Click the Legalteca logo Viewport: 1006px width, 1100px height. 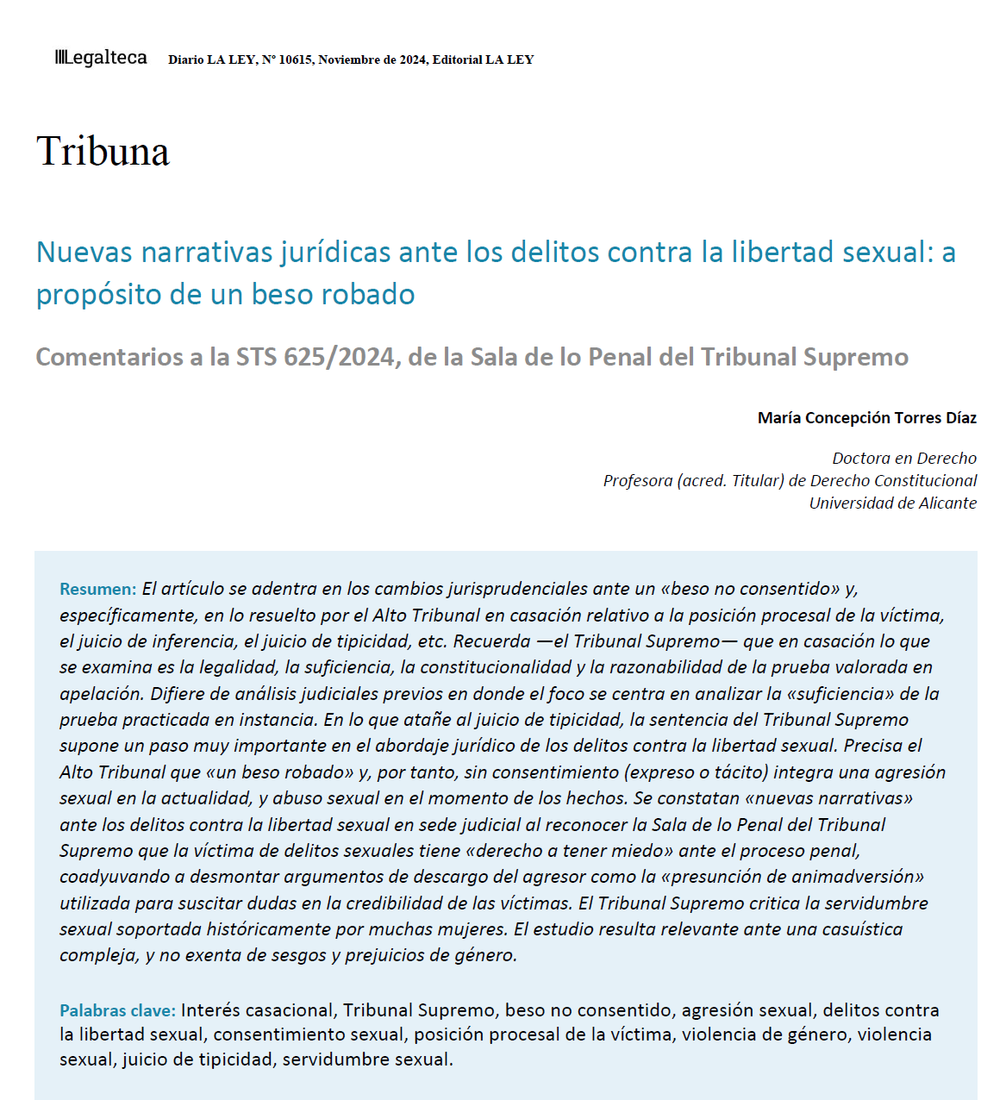pyautogui.click(x=101, y=58)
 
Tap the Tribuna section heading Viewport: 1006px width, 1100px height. pyautogui.click(x=103, y=152)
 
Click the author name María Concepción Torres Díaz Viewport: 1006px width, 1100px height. pyautogui.click(x=866, y=418)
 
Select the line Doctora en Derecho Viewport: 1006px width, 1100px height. pyautogui.click(x=903, y=459)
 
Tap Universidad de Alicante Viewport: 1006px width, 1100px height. pyautogui.click(x=892, y=503)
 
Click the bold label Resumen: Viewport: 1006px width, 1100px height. pyautogui.click(x=97, y=590)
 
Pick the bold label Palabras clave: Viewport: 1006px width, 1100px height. pyautogui.click(x=117, y=1010)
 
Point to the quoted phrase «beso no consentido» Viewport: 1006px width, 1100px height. pyautogui.click(x=750, y=589)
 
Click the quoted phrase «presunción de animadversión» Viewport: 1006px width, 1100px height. pyautogui.click(x=792, y=877)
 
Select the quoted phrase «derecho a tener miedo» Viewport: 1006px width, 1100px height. pyautogui.click(x=569, y=851)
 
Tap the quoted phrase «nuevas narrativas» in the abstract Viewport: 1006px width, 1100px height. pyautogui.click(x=831, y=798)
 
